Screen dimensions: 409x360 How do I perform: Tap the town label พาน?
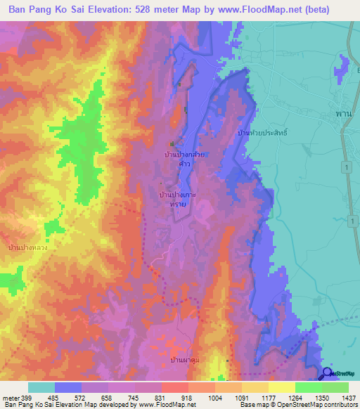tap(342, 113)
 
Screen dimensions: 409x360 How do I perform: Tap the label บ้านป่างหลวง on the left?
tap(27, 248)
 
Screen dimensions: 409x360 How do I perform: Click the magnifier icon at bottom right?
tap(328, 375)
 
